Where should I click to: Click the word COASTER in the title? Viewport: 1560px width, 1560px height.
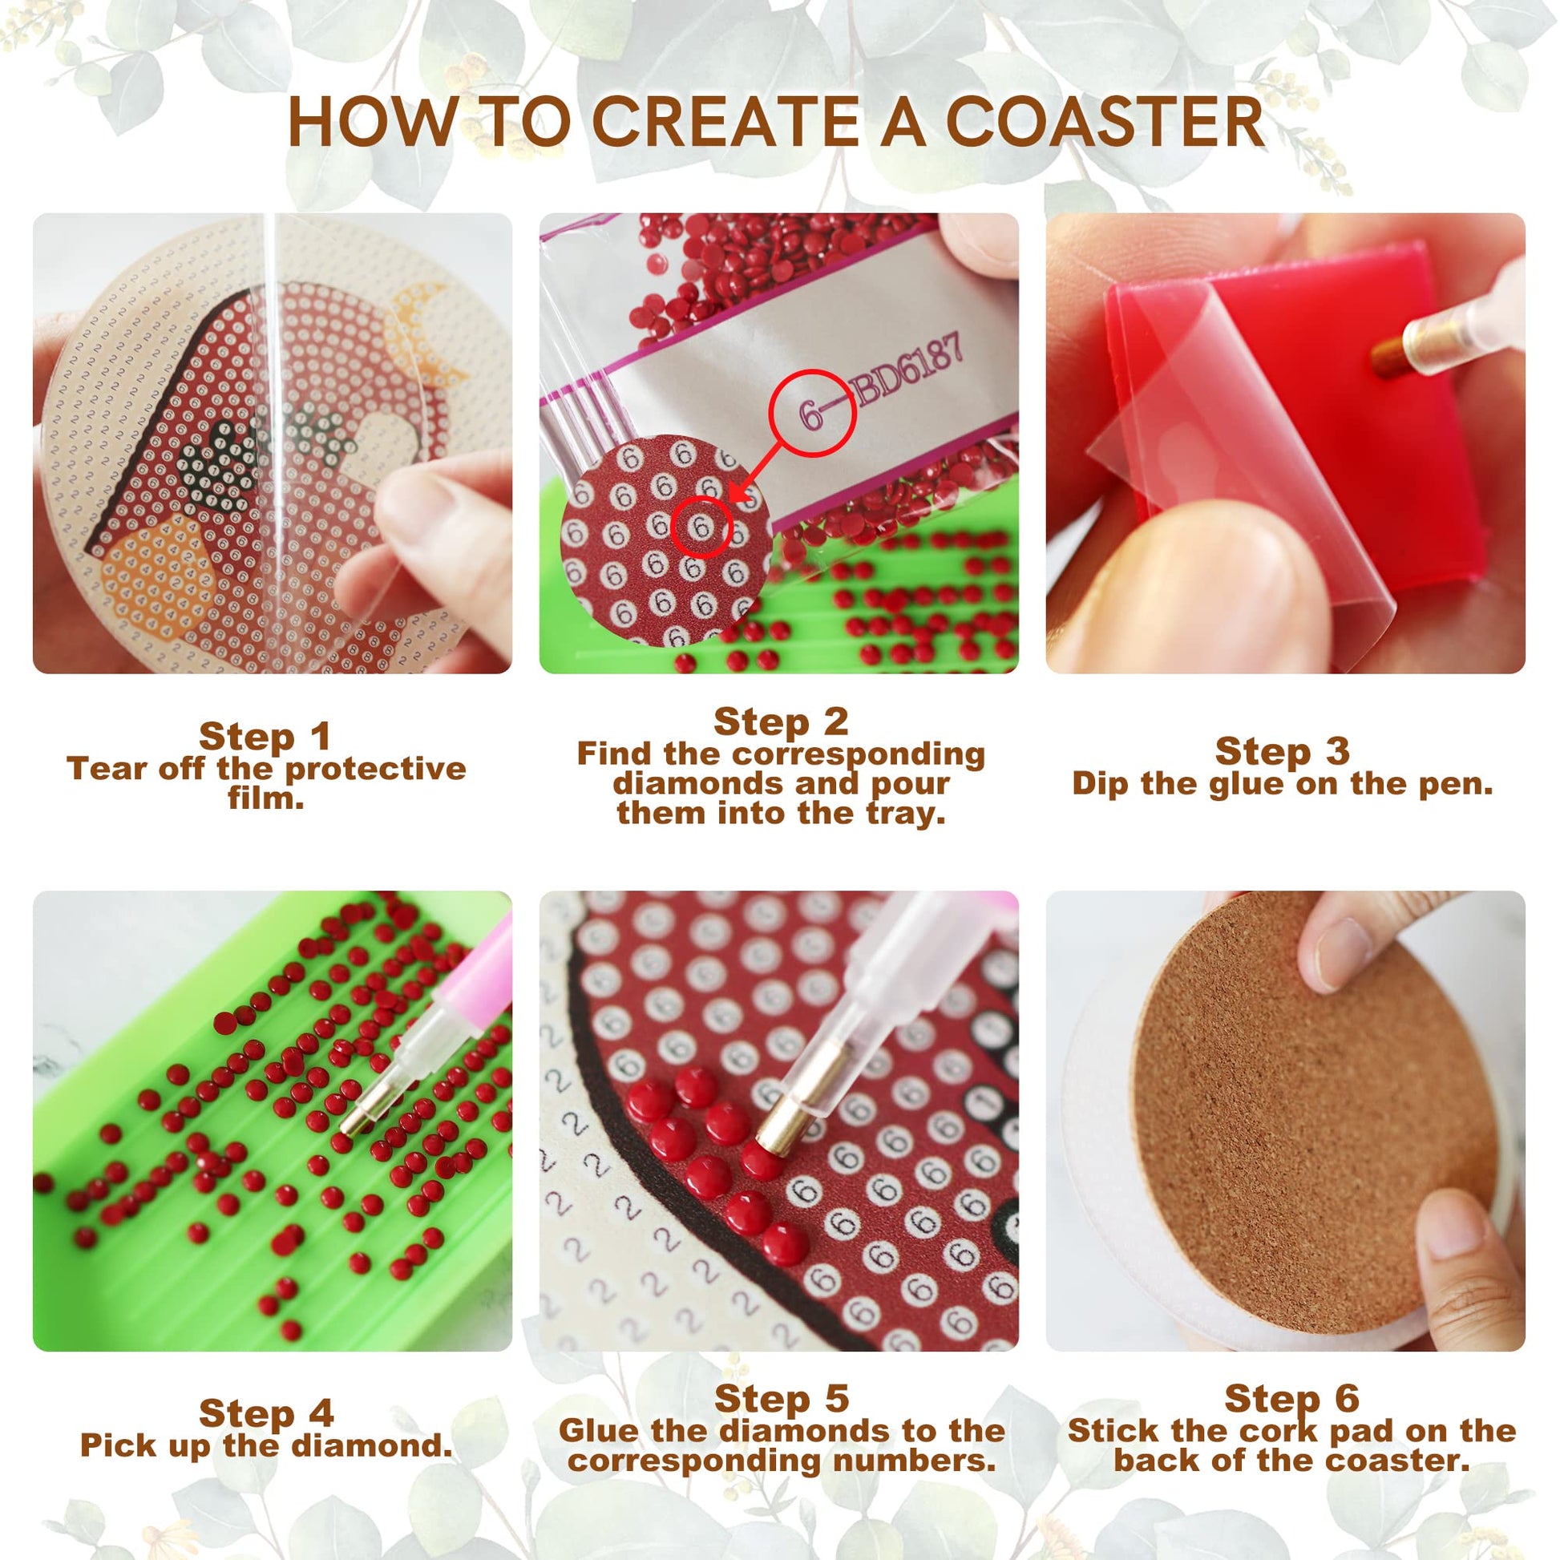click(x=1105, y=122)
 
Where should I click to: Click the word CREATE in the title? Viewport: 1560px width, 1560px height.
click(x=726, y=122)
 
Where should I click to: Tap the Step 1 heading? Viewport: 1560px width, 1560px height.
click(x=265, y=736)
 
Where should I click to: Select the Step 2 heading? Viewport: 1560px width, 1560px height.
click(x=781, y=721)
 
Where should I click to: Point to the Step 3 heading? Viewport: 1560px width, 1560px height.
click(x=1283, y=750)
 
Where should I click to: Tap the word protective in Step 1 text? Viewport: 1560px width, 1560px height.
click(x=375, y=770)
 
